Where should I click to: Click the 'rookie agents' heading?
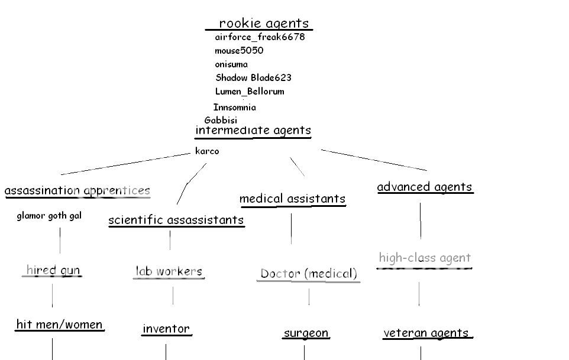264,24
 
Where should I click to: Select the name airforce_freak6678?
260,37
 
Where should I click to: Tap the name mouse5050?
239,51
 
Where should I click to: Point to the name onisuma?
231,64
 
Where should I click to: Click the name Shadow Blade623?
253,78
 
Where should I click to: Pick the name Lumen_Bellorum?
250,92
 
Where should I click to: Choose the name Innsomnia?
235,108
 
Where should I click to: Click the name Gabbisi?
221,120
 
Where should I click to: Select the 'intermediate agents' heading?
253,131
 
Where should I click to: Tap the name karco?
207,151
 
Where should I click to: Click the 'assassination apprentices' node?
77,191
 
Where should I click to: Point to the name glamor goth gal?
49,216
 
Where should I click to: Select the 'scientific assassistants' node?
176,220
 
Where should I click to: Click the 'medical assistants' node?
292,199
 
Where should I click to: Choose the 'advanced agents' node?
425,187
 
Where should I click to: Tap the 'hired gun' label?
53,271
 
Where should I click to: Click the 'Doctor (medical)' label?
309,274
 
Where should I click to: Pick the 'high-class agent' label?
425,258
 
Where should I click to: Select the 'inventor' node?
166,329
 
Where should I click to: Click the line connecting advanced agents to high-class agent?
421,220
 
